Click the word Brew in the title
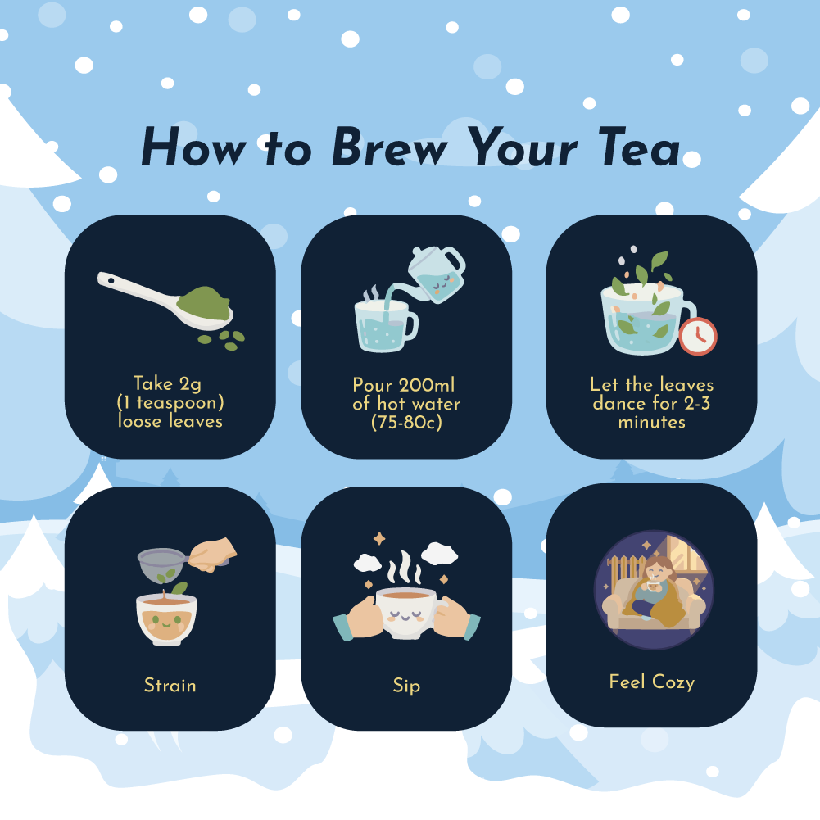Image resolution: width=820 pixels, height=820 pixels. point(390,147)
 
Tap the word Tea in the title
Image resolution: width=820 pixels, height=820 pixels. point(638,147)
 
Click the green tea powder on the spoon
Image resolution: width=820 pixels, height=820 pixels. point(204,303)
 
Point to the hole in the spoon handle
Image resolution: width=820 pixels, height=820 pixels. point(111,281)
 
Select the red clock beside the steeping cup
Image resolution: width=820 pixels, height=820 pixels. point(698,336)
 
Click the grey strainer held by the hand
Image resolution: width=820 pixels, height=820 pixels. point(163,565)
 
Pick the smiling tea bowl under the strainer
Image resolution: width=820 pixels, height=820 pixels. point(166,619)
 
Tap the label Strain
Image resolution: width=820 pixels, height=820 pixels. point(170,685)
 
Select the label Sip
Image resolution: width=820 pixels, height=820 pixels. point(406,686)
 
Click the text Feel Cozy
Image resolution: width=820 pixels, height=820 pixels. point(651,682)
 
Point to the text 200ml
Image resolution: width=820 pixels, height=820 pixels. point(426,385)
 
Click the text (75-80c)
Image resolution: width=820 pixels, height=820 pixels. point(406,422)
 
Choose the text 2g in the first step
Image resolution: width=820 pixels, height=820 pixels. point(190,384)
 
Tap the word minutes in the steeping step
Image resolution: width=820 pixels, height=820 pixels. point(651,422)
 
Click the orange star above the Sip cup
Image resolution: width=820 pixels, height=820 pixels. point(379,539)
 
